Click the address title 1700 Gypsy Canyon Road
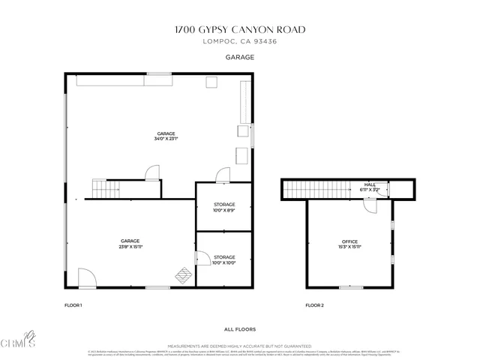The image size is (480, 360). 239,30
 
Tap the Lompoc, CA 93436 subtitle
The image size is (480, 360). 239,42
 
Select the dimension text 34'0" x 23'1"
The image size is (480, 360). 166,139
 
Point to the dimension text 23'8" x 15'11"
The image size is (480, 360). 130,247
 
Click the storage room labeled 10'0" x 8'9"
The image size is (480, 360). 223,207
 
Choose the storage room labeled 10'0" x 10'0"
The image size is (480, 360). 223,259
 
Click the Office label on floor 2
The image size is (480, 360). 349,241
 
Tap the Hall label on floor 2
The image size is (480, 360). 370,184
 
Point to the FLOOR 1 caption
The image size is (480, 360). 73,305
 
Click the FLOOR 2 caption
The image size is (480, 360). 314,305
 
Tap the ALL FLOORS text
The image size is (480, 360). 239,329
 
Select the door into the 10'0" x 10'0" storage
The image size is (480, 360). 202,258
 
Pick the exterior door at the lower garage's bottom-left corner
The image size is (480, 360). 87,278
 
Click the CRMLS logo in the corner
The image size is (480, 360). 18,340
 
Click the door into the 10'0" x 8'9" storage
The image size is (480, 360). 223,175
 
